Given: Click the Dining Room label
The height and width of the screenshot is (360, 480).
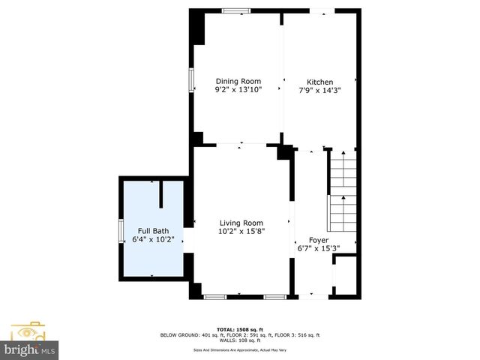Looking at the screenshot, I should (238, 82).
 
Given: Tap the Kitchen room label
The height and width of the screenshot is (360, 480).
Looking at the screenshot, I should (319, 82).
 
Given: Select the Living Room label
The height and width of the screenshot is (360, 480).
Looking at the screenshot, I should (241, 223).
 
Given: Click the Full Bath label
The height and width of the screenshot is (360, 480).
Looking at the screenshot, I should (152, 231).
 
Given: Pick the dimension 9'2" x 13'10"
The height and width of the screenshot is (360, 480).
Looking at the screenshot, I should (238, 90).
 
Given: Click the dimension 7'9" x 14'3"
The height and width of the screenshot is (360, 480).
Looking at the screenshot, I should (319, 90).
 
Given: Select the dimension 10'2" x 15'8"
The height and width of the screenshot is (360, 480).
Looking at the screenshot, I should (241, 232).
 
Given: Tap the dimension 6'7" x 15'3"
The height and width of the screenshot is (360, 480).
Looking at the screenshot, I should (319, 248).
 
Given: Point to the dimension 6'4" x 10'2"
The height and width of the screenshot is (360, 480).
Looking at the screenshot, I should (152, 240).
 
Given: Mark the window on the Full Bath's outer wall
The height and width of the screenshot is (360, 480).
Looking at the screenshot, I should (121, 230).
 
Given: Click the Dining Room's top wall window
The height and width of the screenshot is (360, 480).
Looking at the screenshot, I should (236, 10).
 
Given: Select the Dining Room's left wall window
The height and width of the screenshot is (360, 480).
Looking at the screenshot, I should (192, 80).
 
